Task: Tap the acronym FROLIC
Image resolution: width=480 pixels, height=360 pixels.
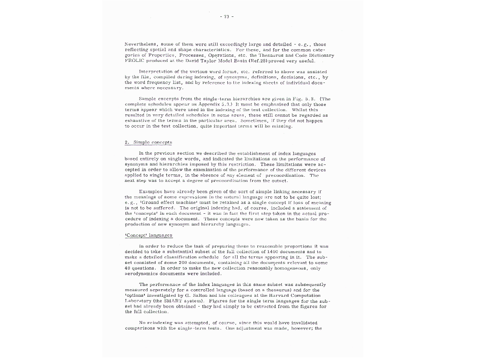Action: (133, 60)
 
